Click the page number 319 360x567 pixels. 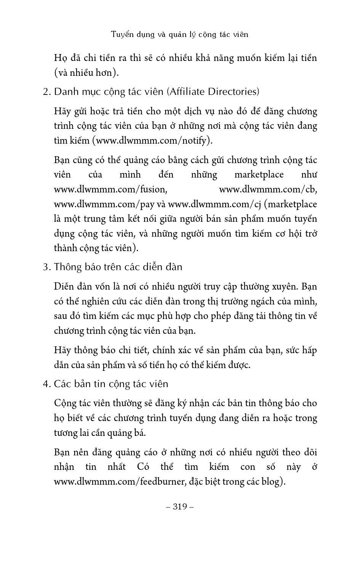click(x=180, y=506)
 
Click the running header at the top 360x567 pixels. click(x=180, y=34)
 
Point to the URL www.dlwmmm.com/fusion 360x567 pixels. click(x=110, y=189)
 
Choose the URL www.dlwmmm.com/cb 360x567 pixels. click(x=268, y=189)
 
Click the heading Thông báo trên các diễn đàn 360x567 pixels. click(x=118, y=267)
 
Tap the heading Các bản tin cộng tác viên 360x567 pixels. click(x=111, y=384)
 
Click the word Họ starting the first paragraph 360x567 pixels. click(x=61, y=58)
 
